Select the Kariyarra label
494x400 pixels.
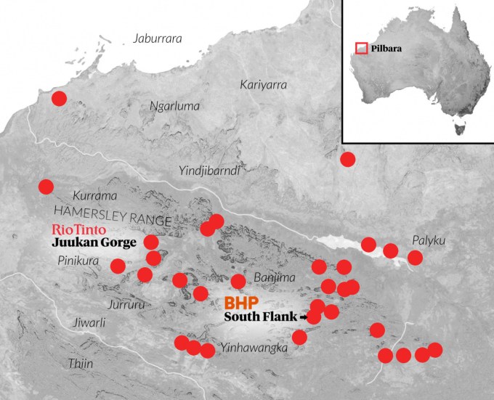[263, 85]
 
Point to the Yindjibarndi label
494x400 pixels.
[209, 170]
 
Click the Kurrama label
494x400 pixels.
[93, 195]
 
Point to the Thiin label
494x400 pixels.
[80, 364]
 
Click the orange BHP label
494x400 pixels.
[242, 301]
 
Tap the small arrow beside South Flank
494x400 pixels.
[303, 317]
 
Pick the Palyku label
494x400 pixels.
[426, 240]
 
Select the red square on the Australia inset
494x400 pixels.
[361, 49]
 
